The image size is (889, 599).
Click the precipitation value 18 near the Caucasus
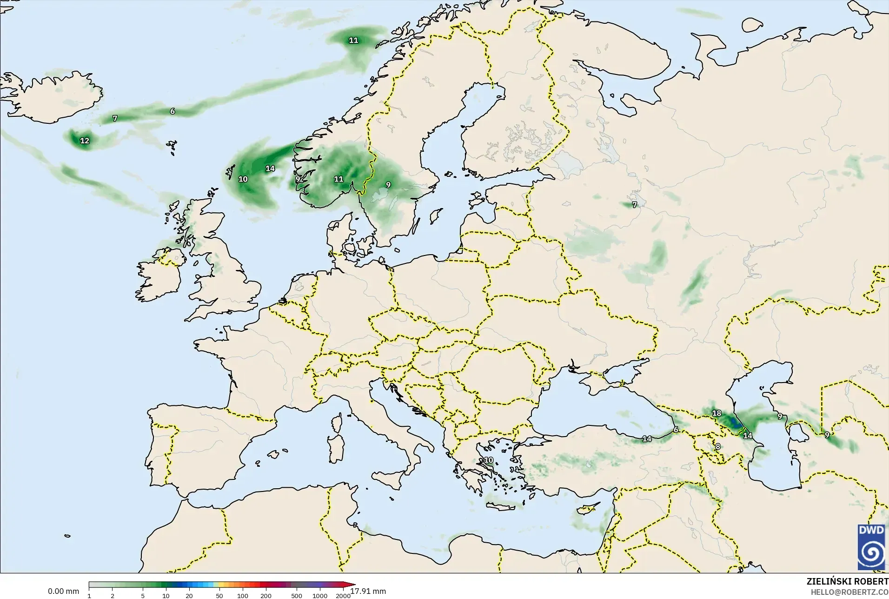click(x=717, y=413)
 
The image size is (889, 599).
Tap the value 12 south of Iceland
click(x=85, y=141)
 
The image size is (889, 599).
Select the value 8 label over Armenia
click(x=718, y=446)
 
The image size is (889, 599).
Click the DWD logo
click(x=871, y=547)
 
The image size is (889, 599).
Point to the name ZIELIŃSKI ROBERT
click(x=847, y=582)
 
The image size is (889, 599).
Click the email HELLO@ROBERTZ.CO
click(x=849, y=592)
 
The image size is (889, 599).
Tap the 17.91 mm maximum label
click(x=368, y=591)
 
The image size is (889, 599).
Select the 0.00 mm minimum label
click(x=63, y=591)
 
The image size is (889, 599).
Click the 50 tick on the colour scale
click(x=219, y=596)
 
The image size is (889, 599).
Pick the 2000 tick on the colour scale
click(x=343, y=596)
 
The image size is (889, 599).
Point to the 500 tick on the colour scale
click(x=297, y=596)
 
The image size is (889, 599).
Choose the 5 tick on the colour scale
click(x=143, y=596)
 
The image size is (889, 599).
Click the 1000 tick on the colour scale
click(x=320, y=596)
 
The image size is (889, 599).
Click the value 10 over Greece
click(x=488, y=460)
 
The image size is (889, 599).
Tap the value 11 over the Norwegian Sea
click(x=353, y=40)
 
